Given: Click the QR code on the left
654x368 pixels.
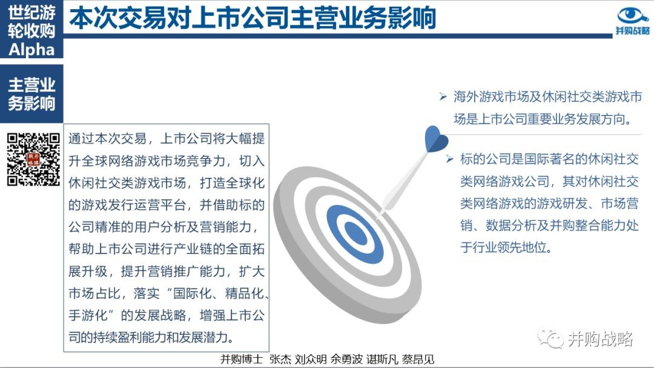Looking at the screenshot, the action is (x=33, y=159).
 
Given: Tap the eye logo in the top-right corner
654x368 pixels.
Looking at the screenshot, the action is (x=632, y=16).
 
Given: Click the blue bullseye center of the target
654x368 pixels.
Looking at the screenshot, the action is (x=356, y=234).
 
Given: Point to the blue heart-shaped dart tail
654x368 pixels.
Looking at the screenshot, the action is (x=435, y=139).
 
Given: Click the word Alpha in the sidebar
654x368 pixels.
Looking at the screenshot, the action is (x=31, y=50).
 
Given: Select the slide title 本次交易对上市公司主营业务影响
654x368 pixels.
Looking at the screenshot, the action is (x=253, y=18).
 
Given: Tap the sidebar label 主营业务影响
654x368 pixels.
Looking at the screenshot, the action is (x=31, y=94).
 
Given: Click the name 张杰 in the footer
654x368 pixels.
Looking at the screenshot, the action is (x=280, y=360).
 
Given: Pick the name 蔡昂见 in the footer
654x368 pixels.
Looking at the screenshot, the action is (x=418, y=360).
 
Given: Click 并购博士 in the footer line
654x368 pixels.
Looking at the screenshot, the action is (x=242, y=360).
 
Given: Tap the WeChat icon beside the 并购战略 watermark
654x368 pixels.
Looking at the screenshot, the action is (x=550, y=338).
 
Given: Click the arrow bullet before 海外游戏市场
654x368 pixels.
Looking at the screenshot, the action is (x=443, y=97).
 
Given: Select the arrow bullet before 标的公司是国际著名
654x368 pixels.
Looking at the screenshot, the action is (x=449, y=159).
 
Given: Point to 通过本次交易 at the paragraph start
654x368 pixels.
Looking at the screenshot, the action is (x=108, y=139).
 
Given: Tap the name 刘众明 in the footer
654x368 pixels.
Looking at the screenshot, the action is (x=311, y=360).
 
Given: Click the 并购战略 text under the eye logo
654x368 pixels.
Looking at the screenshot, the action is (x=633, y=31).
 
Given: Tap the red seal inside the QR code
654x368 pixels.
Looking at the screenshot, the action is (x=33, y=159).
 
